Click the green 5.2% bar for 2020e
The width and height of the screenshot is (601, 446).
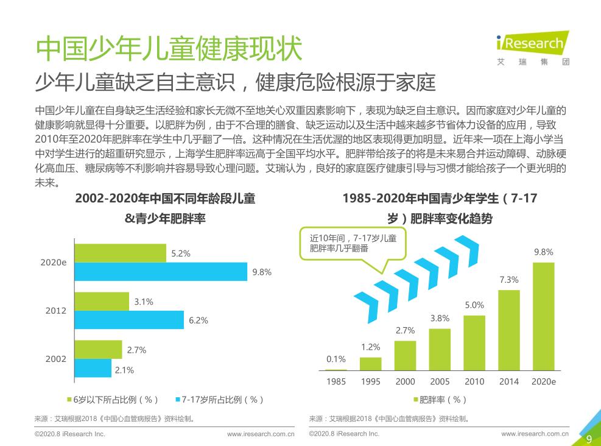point(120,253)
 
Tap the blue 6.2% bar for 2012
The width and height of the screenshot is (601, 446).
point(128,320)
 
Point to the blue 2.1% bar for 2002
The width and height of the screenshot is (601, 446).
point(93,368)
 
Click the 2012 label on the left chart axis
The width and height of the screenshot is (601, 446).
point(56,311)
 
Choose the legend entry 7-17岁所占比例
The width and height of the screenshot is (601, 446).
point(219,400)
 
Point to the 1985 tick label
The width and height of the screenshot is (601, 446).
point(336,381)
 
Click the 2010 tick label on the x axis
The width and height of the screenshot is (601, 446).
point(474,381)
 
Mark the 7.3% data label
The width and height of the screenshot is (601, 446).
point(509,280)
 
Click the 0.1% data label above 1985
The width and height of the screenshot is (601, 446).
point(336,359)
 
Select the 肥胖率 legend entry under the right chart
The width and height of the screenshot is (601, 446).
point(439,400)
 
